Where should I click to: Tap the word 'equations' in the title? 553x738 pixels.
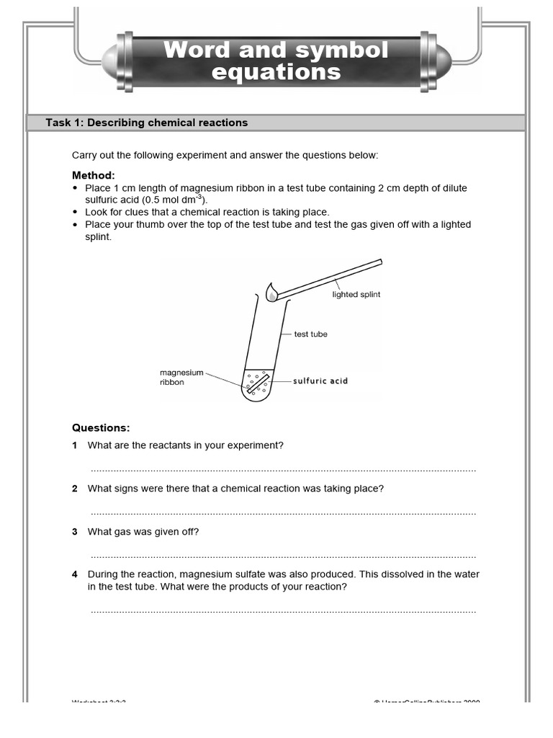click(x=276, y=72)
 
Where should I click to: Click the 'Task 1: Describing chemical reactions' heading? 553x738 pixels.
click(x=146, y=123)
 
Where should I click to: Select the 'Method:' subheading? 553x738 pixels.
click(x=93, y=175)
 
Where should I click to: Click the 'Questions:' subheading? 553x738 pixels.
click(x=101, y=427)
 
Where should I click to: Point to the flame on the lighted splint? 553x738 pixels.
click(x=271, y=292)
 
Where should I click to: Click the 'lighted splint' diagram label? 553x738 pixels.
click(x=356, y=295)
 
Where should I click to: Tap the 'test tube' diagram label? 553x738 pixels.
click(x=310, y=334)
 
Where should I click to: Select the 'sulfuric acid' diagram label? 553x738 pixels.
click(x=320, y=381)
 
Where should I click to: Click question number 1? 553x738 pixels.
click(x=75, y=445)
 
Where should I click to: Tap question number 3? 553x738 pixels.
click(x=75, y=532)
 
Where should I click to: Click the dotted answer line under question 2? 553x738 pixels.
click(x=283, y=513)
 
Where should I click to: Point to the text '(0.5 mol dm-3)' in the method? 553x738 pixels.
click(x=174, y=200)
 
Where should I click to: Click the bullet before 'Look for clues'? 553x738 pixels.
click(x=76, y=213)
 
